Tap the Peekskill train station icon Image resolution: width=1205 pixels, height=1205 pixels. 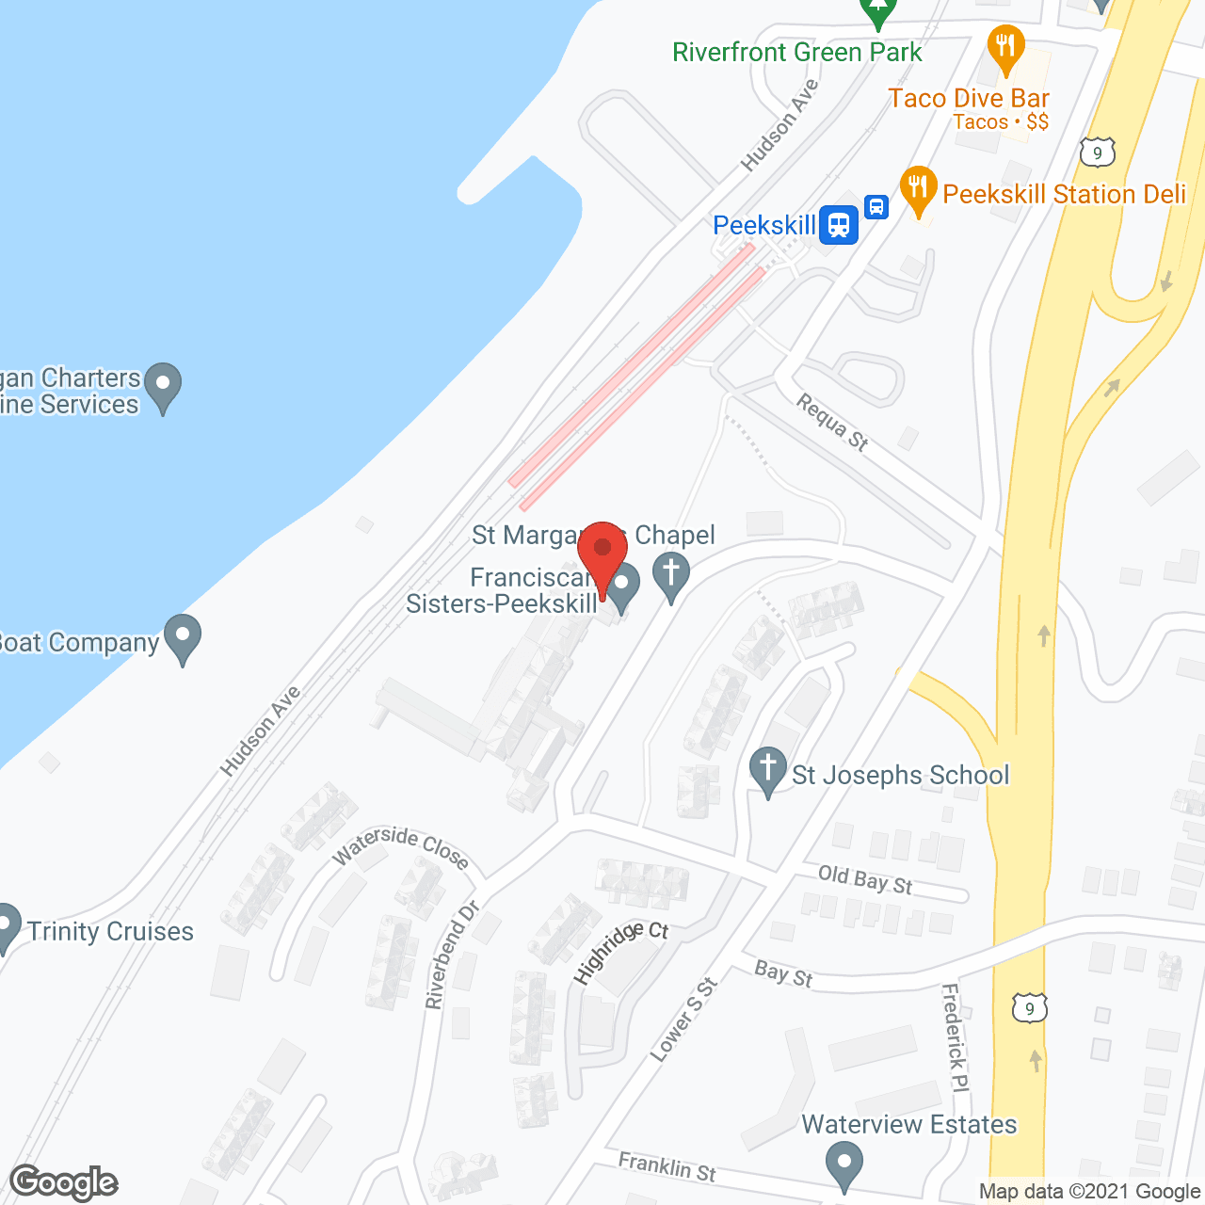pyautogui.click(x=838, y=225)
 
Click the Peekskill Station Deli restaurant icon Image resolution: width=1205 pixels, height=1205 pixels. pyautogui.click(x=918, y=190)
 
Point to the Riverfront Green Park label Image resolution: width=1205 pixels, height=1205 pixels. pyautogui.click(x=796, y=53)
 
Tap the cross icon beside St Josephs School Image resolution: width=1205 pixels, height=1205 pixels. pyautogui.click(x=768, y=770)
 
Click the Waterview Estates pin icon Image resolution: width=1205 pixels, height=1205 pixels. pyautogui.click(x=843, y=1164)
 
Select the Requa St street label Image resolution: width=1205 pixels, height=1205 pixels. pyautogui.click(x=832, y=421)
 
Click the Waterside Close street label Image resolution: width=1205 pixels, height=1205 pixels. pyautogui.click(x=400, y=846)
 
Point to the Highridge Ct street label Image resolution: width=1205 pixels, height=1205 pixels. pyautogui.click(x=620, y=952)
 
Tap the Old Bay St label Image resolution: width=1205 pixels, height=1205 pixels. pyautogui.click(x=865, y=879)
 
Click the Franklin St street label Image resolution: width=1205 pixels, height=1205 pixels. pyautogui.click(x=667, y=1167)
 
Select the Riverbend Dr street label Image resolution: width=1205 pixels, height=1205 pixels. pyautogui.click(x=452, y=955)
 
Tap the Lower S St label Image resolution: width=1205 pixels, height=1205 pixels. pyautogui.click(x=683, y=1020)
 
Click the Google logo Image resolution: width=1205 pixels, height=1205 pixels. pyautogui.click(x=64, y=1182)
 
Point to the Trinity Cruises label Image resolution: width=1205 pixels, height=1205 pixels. pyautogui.click(x=110, y=931)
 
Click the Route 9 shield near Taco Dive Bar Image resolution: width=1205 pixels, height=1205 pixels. pyautogui.click(x=1097, y=153)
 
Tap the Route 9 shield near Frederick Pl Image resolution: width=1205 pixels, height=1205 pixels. pyautogui.click(x=1030, y=1008)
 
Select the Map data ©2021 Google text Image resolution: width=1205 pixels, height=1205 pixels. pyautogui.click(x=1089, y=1191)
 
